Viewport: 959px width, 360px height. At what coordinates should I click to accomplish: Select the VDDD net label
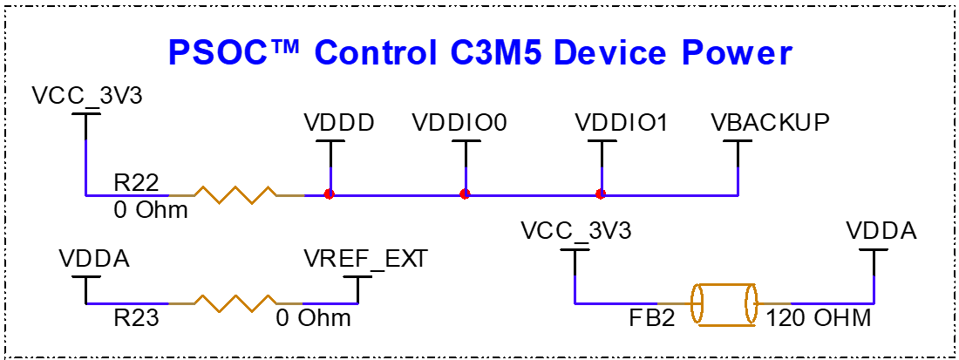point(340,123)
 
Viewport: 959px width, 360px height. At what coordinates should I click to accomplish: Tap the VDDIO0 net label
point(459,123)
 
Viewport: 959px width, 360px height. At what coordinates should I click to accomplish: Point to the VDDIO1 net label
point(622,123)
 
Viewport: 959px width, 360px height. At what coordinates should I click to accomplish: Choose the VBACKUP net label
point(769,123)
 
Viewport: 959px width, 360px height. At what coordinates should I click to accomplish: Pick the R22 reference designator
point(136,182)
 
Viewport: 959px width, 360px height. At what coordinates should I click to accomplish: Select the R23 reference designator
point(135,317)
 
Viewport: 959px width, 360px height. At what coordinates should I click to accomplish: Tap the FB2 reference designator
point(652,317)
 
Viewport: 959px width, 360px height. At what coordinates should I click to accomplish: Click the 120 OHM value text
point(819,317)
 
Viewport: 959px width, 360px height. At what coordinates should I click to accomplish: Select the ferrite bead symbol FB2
point(722,304)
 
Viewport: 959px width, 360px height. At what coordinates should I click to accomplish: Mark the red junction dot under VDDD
point(329,194)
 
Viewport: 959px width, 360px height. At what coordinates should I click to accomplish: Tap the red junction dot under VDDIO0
point(465,194)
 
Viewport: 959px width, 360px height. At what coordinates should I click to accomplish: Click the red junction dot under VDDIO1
point(600,194)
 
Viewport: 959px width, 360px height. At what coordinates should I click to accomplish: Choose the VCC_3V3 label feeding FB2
point(575,232)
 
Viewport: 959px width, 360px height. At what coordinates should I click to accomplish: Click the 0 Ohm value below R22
point(150,210)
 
